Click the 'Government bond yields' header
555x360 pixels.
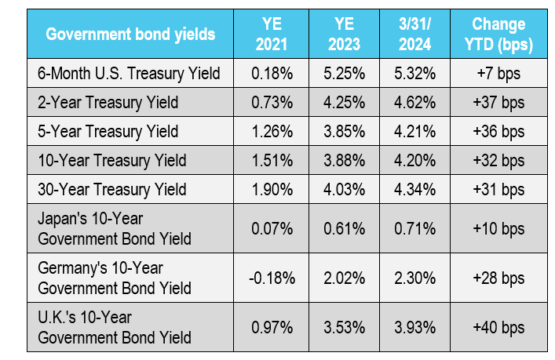[x=130, y=35]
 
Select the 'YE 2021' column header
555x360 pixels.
[x=272, y=35]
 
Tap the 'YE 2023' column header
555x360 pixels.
[x=344, y=35]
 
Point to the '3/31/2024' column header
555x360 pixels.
[x=414, y=35]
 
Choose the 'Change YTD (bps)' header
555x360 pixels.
[x=498, y=35]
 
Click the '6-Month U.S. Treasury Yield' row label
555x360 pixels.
[x=129, y=74]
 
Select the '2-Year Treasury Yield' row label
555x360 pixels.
[x=108, y=103]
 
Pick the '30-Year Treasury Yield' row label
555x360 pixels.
[x=111, y=190]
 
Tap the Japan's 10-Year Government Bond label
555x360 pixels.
[x=115, y=228]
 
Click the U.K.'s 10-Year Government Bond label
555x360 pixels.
[x=115, y=327]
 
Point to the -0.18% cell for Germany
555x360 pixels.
[x=272, y=278]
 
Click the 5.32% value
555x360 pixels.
[x=414, y=74]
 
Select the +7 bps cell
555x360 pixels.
[x=498, y=74]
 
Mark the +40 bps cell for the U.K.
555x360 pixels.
[x=498, y=328]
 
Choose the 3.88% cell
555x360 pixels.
[x=344, y=161]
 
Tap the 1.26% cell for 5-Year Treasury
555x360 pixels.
[x=272, y=132]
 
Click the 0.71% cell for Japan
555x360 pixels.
[x=414, y=228]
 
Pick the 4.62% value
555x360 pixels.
[x=414, y=103]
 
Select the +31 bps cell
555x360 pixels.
[x=498, y=190]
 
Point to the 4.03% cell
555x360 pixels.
[x=344, y=190]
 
